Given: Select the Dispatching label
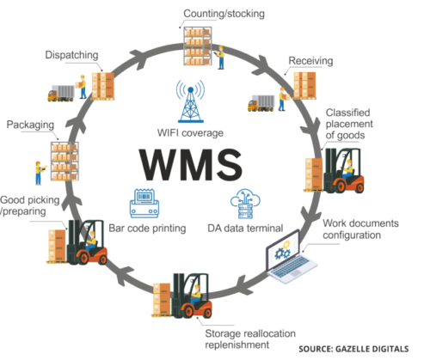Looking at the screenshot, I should coord(71,55).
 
